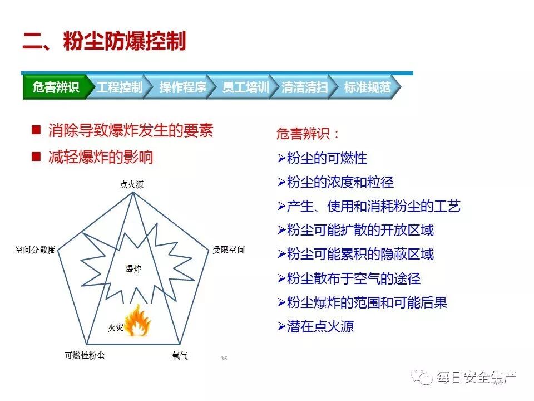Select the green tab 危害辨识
pyautogui.click(x=56, y=87)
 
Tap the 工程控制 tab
pyautogui.click(x=119, y=87)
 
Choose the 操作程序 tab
pyautogui.click(x=182, y=87)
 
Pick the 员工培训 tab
pyautogui.click(x=245, y=87)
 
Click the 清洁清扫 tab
pyautogui.click(x=304, y=87)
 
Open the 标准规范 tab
pyautogui.click(x=367, y=87)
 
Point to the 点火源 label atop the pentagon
pyautogui.click(x=132, y=184)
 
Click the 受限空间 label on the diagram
pyautogui.click(x=228, y=250)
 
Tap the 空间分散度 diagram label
pyautogui.click(x=35, y=250)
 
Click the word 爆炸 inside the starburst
pyautogui.click(x=133, y=269)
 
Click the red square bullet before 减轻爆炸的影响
pyautogui.click(x=36, y=157)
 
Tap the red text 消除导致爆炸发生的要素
pyautogui.click(x=131, y=131)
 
